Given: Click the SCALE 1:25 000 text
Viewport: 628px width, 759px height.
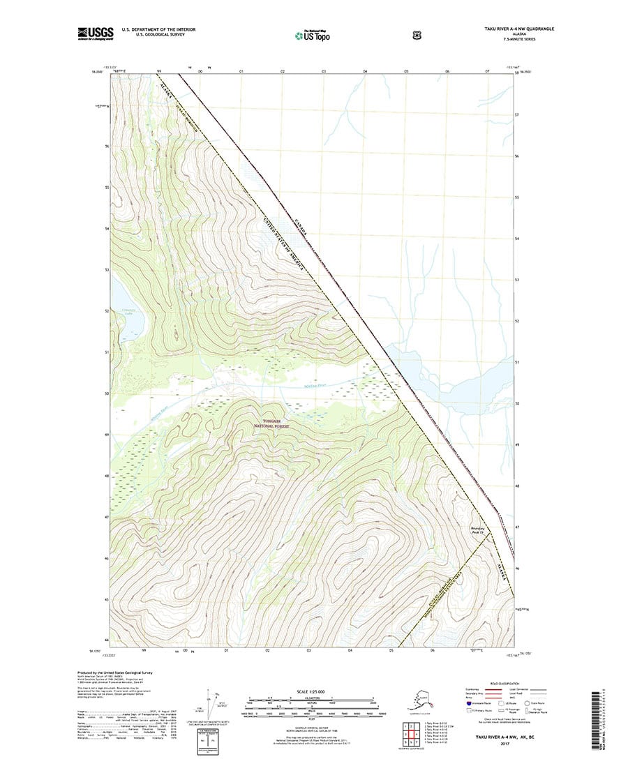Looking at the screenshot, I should pos(313,691).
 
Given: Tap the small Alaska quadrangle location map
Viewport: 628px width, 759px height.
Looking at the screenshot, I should pos(420,700).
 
